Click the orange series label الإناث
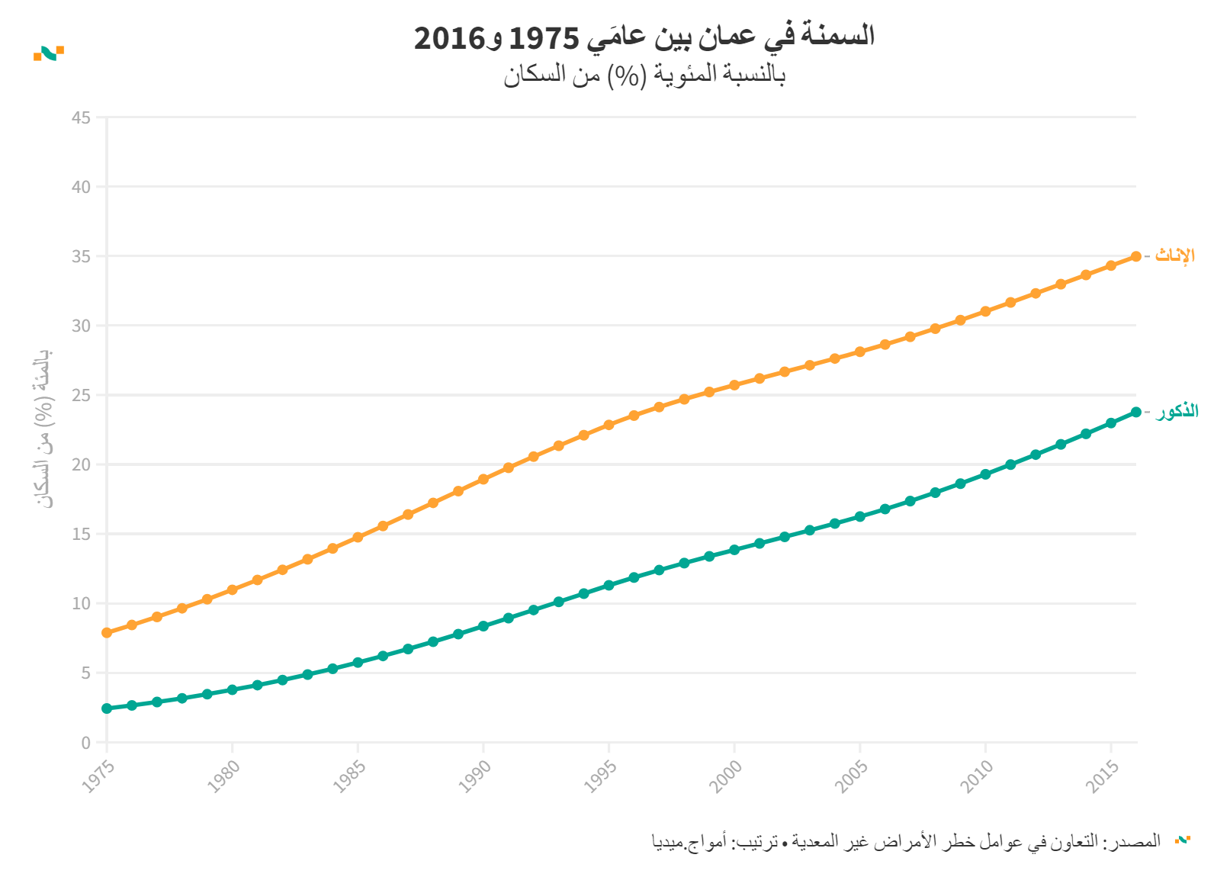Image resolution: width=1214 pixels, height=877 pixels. pos(1175,255)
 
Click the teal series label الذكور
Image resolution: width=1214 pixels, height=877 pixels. pos(1177,412)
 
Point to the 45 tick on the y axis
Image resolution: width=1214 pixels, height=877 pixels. pos(81,117)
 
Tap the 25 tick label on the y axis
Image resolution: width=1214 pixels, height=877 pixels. pos(81,395)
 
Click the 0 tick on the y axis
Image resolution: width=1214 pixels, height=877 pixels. pos(85,743)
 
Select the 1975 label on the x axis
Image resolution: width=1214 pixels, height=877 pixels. pos(98,776)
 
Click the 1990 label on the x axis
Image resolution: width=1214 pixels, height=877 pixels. pos(475,776)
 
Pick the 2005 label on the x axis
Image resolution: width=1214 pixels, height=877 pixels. pos(852,776)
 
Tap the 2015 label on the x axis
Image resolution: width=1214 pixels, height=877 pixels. pos(1103,776)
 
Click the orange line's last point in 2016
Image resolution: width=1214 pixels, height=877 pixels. pos(1135,256)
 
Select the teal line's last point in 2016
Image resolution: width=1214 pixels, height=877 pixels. pos(1135,412)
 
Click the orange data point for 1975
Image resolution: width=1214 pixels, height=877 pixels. pos(107,633)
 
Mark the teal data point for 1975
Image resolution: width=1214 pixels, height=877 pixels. pos(107,708)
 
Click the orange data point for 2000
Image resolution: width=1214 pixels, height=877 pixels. pos(734,385)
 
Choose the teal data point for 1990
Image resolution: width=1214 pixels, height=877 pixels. pos(483,626)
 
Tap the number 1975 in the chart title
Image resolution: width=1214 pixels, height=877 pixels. pos(544,37)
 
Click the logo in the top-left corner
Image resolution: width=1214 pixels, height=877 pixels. pos(49,53)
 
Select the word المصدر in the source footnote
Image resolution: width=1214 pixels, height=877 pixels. pos(1139,840)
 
